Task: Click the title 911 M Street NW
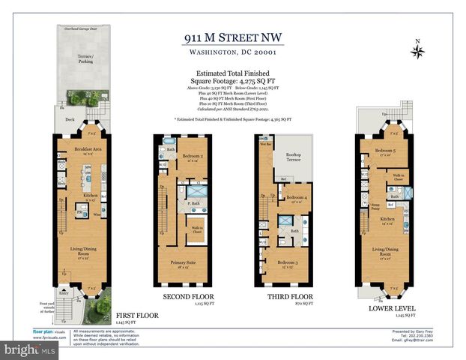(x=232, y=38)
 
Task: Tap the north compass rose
(x=418, y=51)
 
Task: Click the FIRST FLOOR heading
(x=136, y=316)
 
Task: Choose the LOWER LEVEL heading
(x=386, y=307)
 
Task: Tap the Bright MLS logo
(x=22, y=350)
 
